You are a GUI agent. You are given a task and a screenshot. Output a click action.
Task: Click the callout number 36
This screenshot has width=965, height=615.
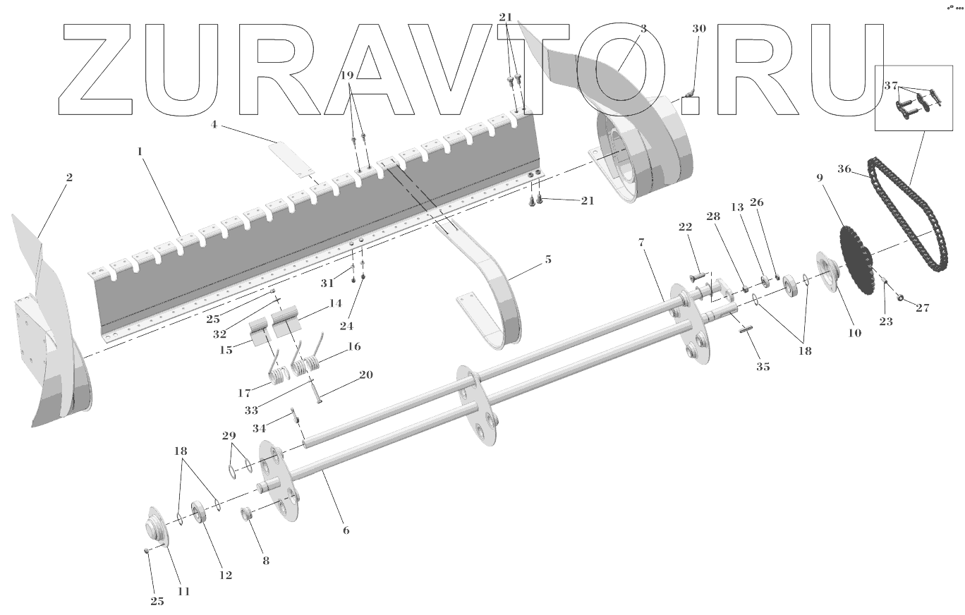click(x=844, y=169)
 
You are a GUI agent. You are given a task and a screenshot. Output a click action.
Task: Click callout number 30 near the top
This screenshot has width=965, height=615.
click(x=698, y=29)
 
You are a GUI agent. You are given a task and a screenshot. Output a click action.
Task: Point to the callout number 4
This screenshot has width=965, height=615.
click(x=214, y=126)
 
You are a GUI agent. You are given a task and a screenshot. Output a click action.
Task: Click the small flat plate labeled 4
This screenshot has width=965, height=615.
click(x=293, y=161)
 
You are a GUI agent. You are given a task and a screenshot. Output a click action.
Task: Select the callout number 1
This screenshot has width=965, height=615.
click(x=140, y=152)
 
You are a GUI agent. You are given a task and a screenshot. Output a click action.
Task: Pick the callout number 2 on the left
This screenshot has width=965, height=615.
click(x=69, y=178)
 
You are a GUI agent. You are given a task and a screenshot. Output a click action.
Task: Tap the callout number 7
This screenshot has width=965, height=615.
click(x=641, y=242)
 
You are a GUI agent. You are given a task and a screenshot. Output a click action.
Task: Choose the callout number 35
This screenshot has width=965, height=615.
click(x=763, y=367)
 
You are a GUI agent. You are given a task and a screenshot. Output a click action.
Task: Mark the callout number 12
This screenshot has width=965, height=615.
click(x=225, y=575)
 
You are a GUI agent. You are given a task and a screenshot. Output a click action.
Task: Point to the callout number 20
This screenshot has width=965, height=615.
click(x=366, y=375)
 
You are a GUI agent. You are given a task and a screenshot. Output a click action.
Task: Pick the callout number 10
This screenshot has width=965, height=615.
click(x=855, y=334)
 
